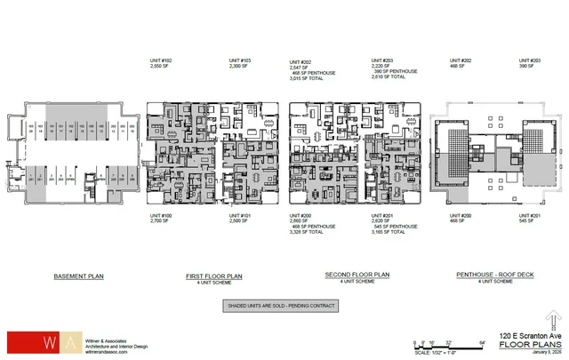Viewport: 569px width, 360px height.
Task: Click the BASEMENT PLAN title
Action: click(79, 276)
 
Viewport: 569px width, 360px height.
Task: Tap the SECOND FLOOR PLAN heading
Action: click(344, 276)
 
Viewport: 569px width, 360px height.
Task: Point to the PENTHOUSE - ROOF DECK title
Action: click(485, 276)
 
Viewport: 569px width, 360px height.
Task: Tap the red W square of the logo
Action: click(20, 342)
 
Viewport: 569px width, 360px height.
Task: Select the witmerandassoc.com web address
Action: click(81, 351)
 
